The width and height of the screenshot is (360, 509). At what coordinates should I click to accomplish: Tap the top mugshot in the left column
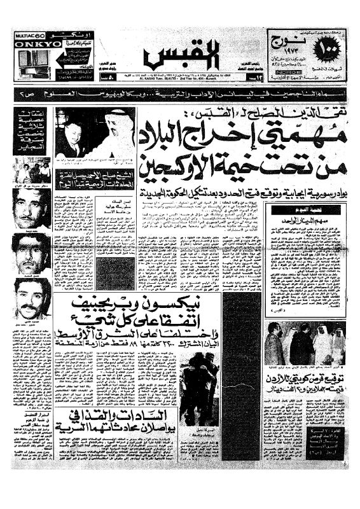pos(30,206)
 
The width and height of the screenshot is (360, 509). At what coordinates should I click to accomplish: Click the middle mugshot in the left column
pos(30,253)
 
